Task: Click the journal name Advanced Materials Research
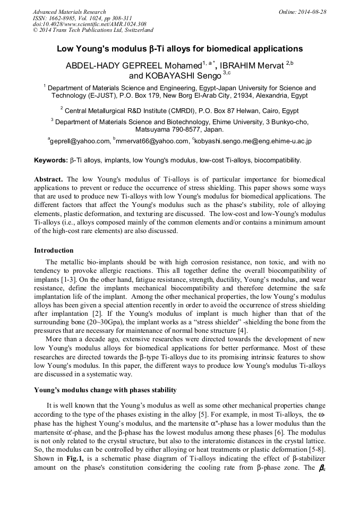tap(69, 12)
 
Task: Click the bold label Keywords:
tap(51, 160)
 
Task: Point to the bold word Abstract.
tap(49, 179)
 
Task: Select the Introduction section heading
tap(54, 251)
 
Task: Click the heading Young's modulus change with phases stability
tap(101, 390)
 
